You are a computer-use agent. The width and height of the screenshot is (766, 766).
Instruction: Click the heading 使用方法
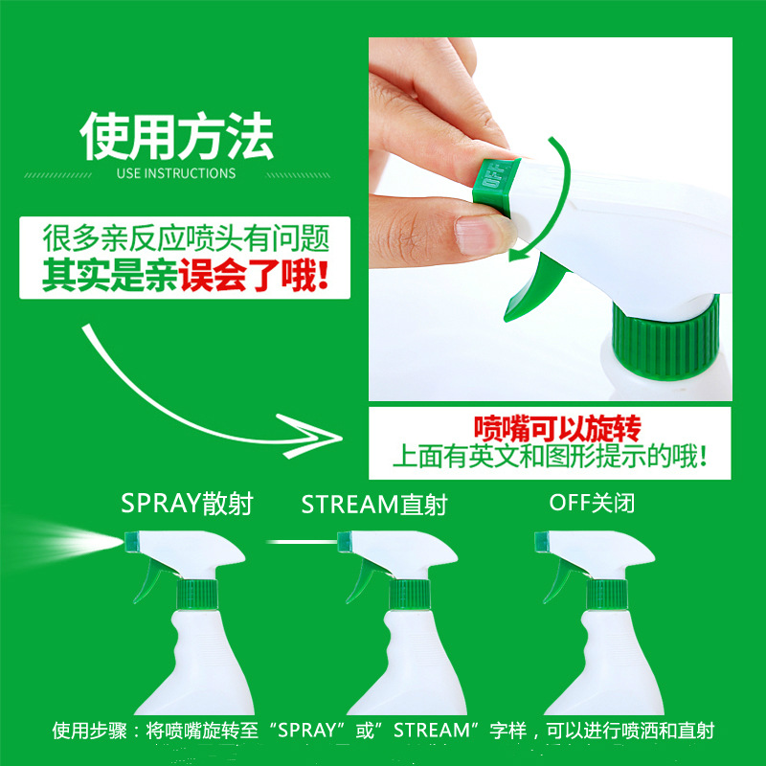pyautogui.click(x=176, y=136)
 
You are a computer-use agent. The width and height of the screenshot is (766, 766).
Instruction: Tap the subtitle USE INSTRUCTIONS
pyautogui.click(x=176, y=173)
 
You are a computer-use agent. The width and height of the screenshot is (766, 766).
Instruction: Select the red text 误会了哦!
pyautogui.click(x=254, y=276)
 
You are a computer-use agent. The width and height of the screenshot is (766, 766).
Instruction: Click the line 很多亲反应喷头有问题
pyautogui.click(x=186, y=237)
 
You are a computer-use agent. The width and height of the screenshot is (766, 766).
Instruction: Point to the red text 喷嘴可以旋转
pyautogui.click(x=557, y=428)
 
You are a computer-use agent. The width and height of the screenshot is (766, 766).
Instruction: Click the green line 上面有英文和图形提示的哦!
pyautogui.click(x=550, y=456)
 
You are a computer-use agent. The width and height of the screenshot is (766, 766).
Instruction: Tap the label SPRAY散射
pyautogui.click(x=187, y=504)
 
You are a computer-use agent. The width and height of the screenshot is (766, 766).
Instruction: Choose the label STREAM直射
pyautogui.click(x=374, y=505)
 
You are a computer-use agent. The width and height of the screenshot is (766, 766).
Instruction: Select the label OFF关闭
pyautogui.click(x=592, y=503)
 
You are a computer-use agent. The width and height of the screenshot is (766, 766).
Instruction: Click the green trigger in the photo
pyautogui.click(x=534, y=288)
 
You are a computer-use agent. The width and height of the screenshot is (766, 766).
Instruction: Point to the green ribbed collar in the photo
pyautogui.click(x=665, y=336)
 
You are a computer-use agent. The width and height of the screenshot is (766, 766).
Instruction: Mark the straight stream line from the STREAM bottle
pyautogui.click(x=302, y=542)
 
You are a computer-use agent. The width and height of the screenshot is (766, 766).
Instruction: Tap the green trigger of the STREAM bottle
pyautogui.click(x=363, y=579)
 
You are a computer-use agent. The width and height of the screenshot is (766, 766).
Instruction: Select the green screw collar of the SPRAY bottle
pyautogui.click(x=197, y=594)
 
